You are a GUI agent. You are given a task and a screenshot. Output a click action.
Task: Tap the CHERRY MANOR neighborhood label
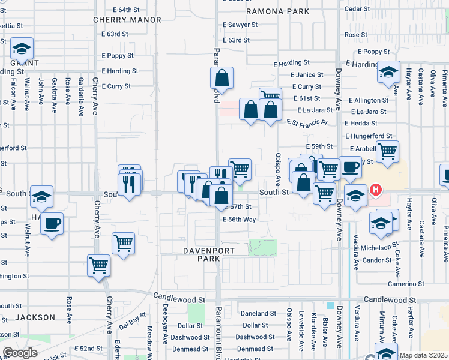pos(127,20)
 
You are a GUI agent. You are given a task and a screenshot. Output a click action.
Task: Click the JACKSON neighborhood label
pos(35,317)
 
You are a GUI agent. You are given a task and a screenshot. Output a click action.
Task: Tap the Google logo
pos(20,353)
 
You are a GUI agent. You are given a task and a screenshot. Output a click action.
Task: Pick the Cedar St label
pos(357,8)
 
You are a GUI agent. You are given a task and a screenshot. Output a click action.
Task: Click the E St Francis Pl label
pos(307,122)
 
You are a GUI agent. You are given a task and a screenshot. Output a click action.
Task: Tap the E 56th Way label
pos(240,220)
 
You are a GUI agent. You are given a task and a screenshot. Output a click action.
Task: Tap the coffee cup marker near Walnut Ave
pos(52,224)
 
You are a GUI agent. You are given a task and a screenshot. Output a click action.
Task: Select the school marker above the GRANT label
pos(22,48)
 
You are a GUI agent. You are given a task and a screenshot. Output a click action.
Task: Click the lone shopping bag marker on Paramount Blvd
pos(221,77)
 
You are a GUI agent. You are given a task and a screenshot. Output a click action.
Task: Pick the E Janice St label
pos(306,75)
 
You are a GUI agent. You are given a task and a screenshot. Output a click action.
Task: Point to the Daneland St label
pos(258,313)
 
